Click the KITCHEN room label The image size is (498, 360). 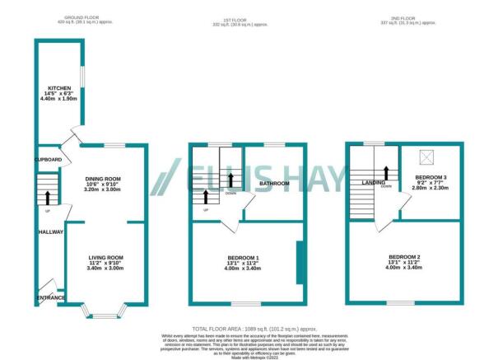pos(59,87)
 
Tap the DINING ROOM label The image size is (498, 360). pos(103,179)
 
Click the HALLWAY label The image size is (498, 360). pos(50,233)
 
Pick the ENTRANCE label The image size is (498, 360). pos(49,297)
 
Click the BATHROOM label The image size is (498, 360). pos(274,183)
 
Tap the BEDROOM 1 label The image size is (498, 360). pos(243,258)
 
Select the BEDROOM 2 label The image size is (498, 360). pos(404,258)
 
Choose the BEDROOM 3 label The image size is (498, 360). pos(431,178)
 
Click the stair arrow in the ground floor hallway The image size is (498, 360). pos(49,196)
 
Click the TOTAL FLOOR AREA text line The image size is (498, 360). pos(248,328)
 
